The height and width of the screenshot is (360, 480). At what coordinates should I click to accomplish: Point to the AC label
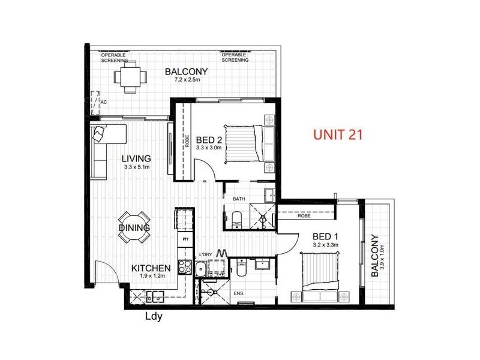pos(104,102)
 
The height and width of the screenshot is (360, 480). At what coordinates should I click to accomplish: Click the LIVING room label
pos(136,158)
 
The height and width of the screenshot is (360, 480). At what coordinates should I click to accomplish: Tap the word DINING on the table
pos(134,227)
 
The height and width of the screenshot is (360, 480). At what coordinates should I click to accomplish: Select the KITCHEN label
pos(152,268)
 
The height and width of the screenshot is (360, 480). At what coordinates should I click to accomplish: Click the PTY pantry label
pos(185,239)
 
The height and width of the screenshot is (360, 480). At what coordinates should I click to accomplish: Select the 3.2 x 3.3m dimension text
pos(326,245)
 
